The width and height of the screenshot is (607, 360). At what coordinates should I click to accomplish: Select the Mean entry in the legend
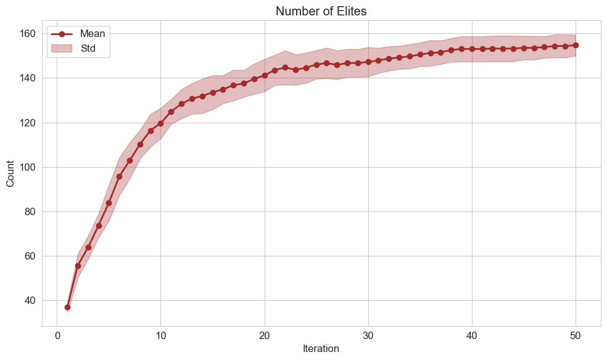93,34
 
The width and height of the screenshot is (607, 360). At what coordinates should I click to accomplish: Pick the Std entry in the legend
88,48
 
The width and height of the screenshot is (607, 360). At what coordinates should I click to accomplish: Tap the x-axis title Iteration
321,348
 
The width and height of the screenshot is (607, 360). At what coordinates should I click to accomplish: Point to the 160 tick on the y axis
29,34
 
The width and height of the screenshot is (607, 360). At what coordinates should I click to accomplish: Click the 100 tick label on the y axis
29,167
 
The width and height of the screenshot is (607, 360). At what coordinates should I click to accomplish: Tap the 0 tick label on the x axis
57,336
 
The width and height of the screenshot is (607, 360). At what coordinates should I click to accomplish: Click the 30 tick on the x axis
368,336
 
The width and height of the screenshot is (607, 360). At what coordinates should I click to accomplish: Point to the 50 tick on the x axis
576,336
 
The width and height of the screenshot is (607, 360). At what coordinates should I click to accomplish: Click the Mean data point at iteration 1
67,307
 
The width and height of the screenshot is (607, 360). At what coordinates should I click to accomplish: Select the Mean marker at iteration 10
160,123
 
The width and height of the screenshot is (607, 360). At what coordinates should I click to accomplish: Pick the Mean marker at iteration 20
265,75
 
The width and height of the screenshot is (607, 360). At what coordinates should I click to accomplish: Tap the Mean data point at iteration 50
576,45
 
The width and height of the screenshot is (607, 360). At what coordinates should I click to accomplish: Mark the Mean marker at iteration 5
109,203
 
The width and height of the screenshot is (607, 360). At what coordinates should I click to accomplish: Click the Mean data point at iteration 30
368,62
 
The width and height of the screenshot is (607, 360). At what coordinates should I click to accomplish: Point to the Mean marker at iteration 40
472,49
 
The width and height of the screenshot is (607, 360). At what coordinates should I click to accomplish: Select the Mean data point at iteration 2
78,266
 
